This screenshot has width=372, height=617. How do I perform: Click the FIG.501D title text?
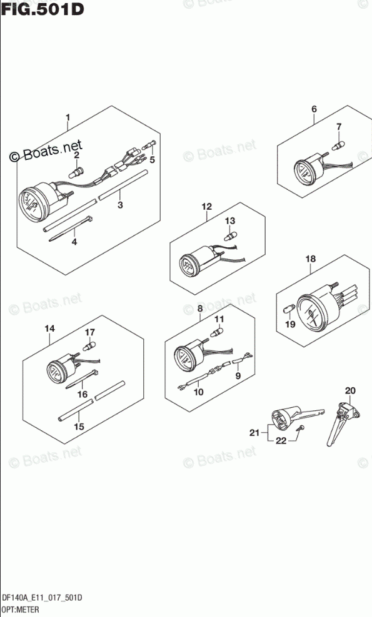[x=43, y=9]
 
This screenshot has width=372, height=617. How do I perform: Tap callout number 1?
[x=68, y=117]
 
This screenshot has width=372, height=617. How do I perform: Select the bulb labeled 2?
[x=77, y=172]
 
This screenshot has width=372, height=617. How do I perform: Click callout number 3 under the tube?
[x=121, y=205]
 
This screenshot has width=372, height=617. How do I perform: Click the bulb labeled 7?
[x=338, y=146]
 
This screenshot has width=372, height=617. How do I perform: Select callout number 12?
[x=206, y=206]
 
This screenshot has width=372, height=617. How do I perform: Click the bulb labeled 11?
[x=218, y=333]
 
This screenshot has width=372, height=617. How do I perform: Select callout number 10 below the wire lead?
[x=199, y=392]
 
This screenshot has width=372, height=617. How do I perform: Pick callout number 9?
[x=238, y=376]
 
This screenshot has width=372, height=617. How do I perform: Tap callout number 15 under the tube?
[x=79, y=427]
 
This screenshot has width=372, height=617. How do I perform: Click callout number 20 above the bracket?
[x=350, y=390]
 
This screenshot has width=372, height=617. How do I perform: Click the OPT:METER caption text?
[x=20, y=610]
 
